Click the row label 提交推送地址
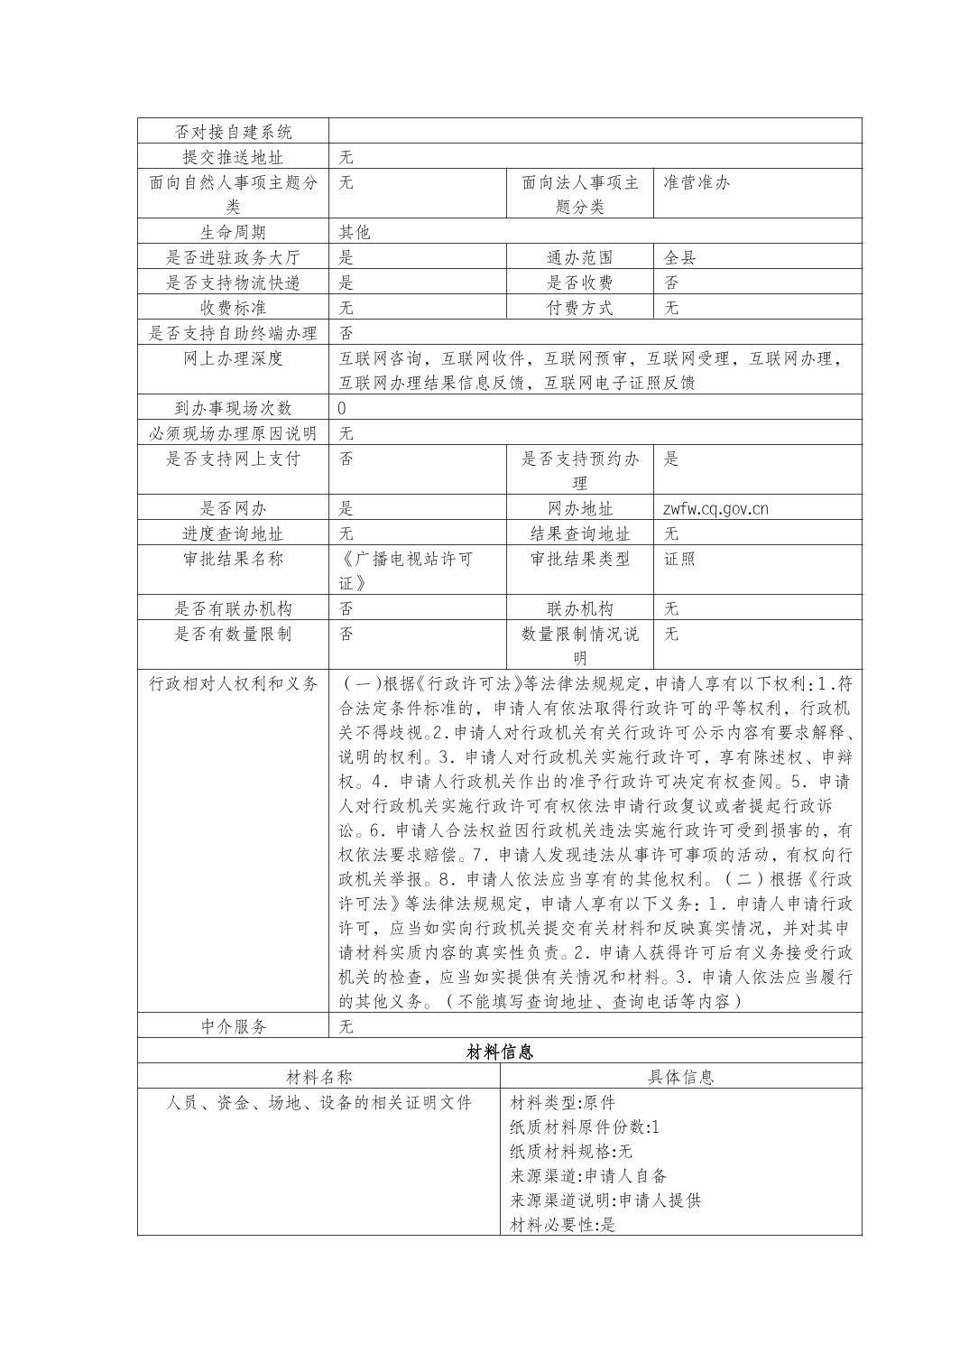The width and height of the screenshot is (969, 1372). click(x=233, y=157)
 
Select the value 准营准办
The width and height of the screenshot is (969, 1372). click(x=697, y=182)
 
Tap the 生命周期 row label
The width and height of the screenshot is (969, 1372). click(x=233, y=233)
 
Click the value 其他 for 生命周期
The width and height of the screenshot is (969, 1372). click(x=355, y=233)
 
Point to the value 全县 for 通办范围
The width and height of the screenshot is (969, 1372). click(x=680, y=258)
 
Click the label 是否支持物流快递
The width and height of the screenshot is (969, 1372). click(x=233, y=283)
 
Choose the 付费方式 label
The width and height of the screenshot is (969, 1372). click(x=580, y=309)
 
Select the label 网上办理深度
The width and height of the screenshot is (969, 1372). click(x=233, y=359)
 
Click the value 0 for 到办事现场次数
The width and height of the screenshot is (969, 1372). click(x=342, y=409)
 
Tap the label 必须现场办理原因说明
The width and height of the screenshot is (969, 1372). click(x=233, y=434)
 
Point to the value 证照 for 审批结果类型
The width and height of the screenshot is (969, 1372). click(x=680, y=560)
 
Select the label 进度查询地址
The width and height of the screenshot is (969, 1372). click(x=233, y=534)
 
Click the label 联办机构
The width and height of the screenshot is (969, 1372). click(x=580, y=609)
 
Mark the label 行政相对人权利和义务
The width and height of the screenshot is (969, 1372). click(x=233, y=684)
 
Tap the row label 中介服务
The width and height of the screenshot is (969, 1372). click(x=233, y=1027)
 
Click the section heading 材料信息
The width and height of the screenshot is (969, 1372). click(x=500, y=1052)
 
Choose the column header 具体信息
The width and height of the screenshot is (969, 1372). click(x=680, y=1078)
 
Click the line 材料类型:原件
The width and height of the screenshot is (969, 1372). click(x=563, y=1103)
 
